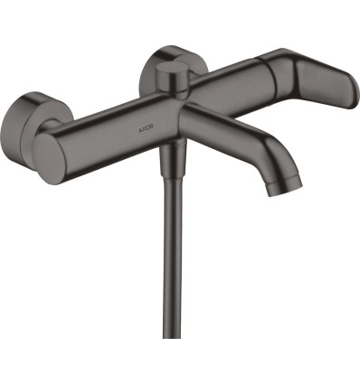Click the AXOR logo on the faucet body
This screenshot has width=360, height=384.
pyautogui.click(x=146, y=130)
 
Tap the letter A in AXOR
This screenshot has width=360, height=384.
pyautogui.click(x=140, y=130)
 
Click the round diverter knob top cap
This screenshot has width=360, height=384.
pyautogui.click(x=173, y=68)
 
